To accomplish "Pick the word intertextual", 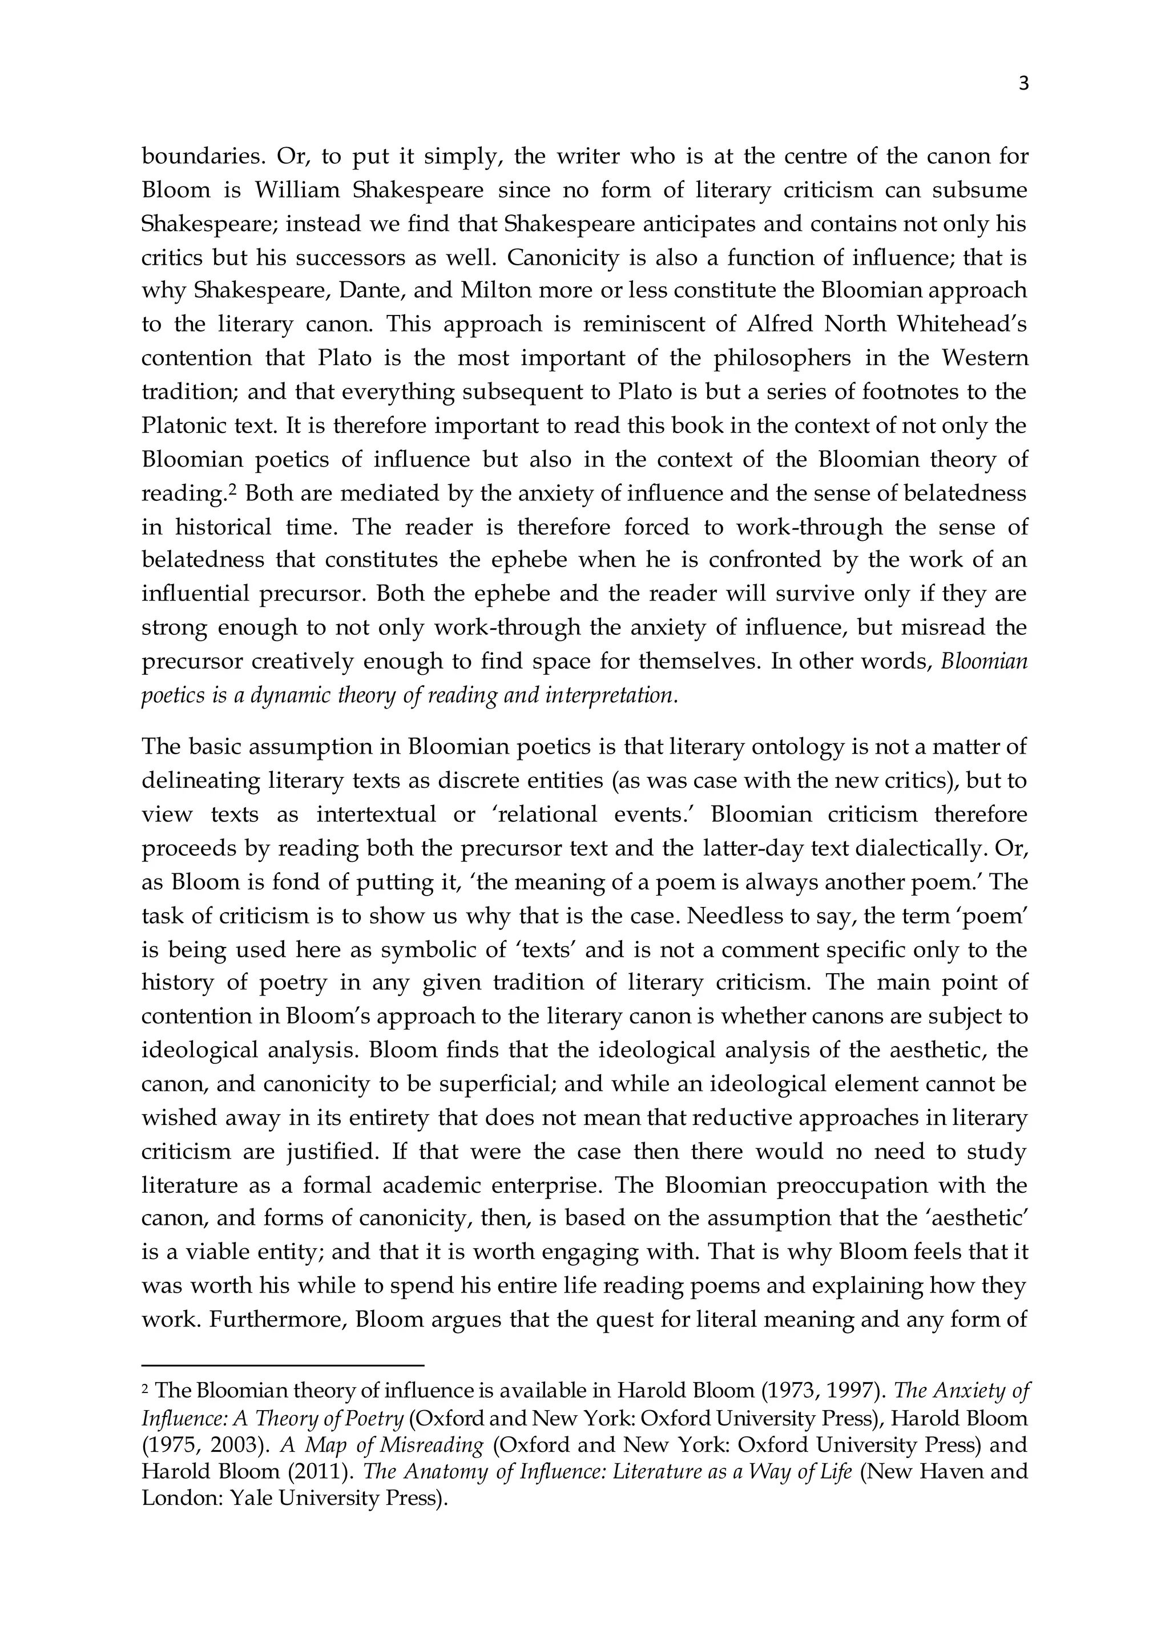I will pyautogui.click(x=377, y=815).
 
